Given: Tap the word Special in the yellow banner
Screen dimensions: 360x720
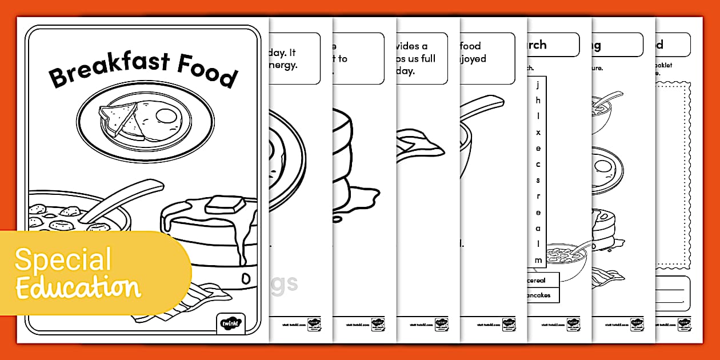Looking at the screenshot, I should tap(63, 260).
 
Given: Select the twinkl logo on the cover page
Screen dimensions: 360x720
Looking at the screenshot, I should tap(231, 323).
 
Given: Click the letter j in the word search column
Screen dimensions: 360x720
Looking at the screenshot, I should tap(538, 86).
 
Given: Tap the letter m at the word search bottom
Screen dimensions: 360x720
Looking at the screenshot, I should tap(538, 260).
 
